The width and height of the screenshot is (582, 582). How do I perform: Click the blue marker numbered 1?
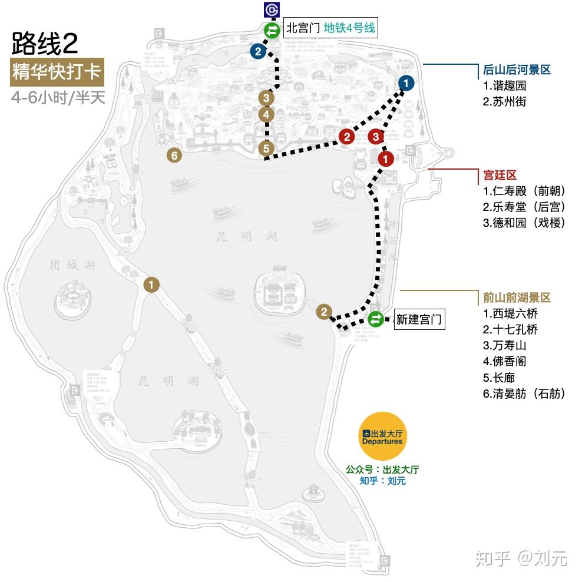(406, 83)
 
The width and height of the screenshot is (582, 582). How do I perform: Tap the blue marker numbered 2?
(257, 52)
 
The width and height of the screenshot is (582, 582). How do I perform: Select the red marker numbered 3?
(375, 137)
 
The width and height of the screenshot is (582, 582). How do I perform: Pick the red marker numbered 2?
(346, 137)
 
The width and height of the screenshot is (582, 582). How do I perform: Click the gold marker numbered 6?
(173, 156)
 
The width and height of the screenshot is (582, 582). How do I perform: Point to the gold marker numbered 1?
(151, 285)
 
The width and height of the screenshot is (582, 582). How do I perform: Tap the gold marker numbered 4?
(266, 114)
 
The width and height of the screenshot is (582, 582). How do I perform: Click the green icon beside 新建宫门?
(375, 320)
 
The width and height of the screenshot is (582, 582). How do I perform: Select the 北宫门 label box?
(330, 28)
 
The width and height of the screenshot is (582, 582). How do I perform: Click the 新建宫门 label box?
(418, 320)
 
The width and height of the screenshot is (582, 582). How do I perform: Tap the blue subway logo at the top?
(272, 10)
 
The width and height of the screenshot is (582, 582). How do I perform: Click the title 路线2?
(44, 44)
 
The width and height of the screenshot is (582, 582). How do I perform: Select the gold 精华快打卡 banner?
(57, 73)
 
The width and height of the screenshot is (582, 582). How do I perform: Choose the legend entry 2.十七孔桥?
(510, 329)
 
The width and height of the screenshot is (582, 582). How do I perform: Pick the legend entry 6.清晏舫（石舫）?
(524, 393)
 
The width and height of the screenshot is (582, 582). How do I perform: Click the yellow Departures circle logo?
(382, 436)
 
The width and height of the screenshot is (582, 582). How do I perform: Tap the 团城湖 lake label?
(72, 266)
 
